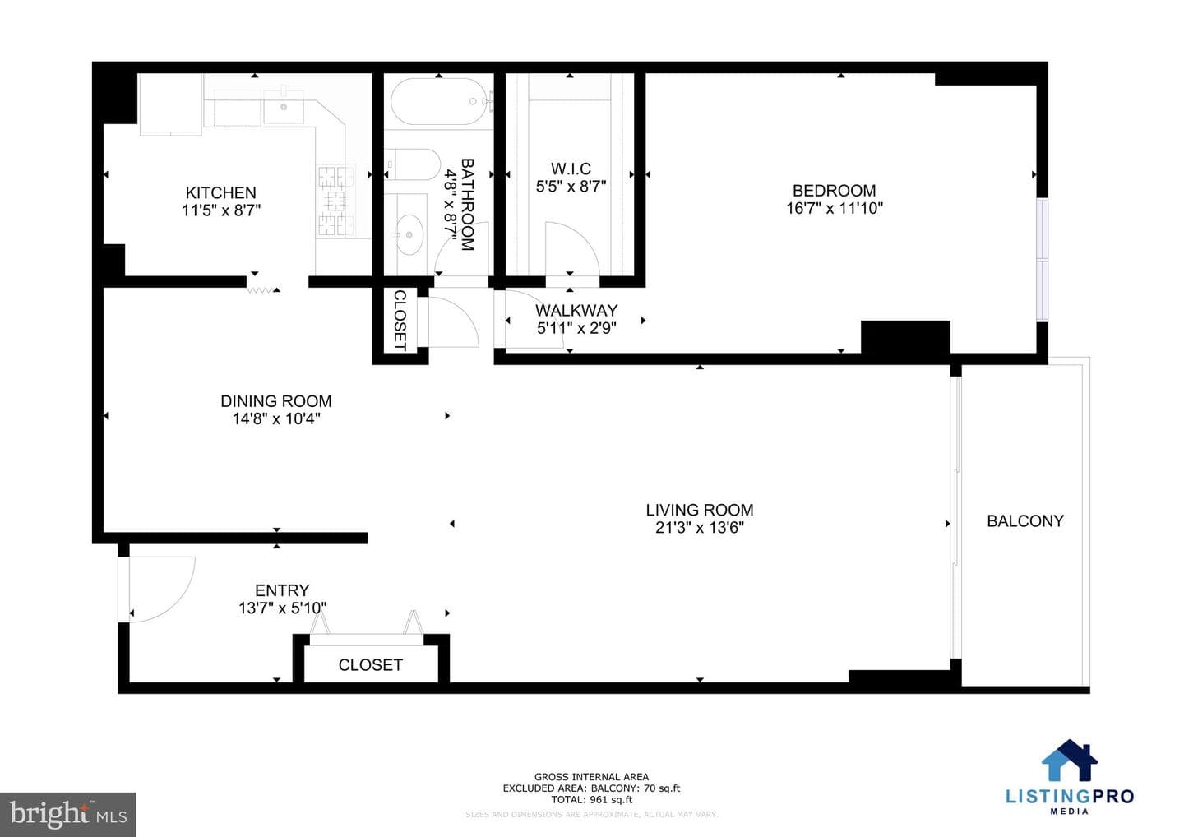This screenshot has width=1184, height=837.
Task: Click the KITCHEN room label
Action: click(220, 192)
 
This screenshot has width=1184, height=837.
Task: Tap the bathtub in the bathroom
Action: click(439, 101)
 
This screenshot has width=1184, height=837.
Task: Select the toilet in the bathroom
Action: click(413, 164)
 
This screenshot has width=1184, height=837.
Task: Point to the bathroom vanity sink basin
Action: click(409, 234)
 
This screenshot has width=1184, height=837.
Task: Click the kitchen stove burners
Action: click(335, 201)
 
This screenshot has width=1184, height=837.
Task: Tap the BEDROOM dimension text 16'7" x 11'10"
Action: click(834, 208)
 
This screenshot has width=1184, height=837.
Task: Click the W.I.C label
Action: click(571, 169)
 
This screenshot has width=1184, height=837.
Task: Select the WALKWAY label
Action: click(576, 310)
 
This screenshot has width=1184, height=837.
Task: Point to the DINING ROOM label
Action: click(276, 401)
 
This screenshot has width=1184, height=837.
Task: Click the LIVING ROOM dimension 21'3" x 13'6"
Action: click(699, 527)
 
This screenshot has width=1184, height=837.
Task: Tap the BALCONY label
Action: click(1024, 521)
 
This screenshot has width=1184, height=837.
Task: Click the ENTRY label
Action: click(282, 590)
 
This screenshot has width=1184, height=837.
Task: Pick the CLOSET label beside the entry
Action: click(370, 664)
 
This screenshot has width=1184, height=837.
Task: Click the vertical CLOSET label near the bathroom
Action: click(400, 320)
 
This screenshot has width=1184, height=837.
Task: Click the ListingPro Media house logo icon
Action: click(1069, 760)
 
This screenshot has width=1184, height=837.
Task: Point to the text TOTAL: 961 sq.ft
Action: click(591, 799)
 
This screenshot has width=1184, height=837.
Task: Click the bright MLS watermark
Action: click(68, 814)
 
